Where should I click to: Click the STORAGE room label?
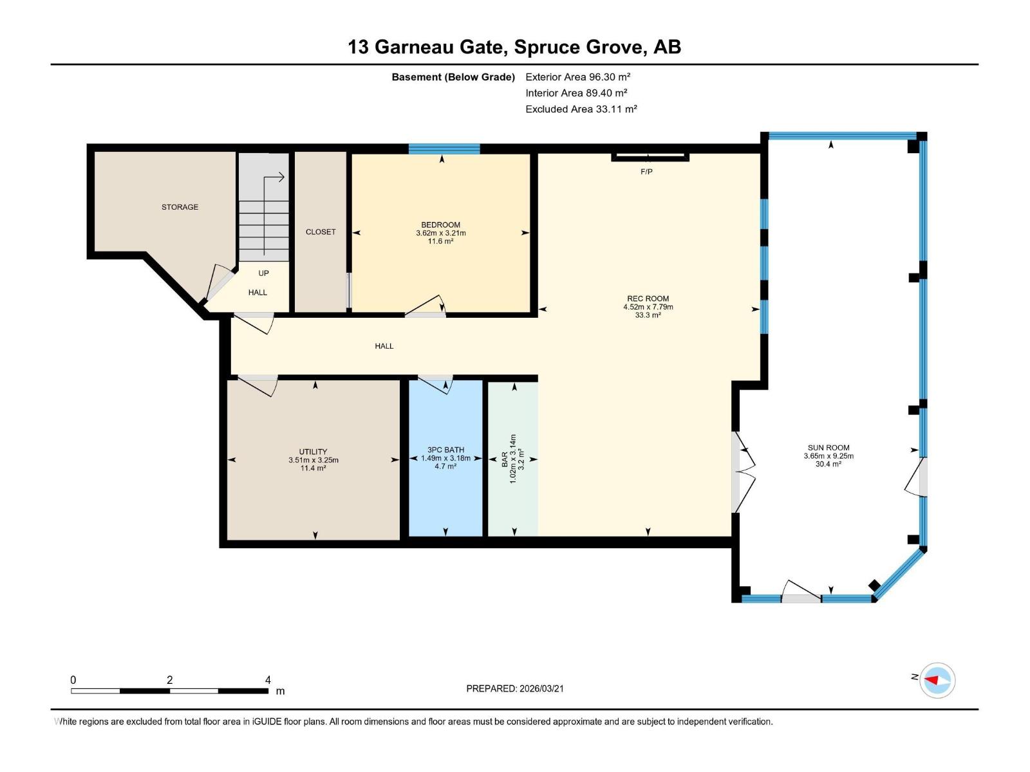click(x=180, y=207)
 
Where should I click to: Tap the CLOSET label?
click(x=321, y=232)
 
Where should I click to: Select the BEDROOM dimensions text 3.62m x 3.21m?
click(x=441, y=233)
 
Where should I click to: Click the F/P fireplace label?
click(x=646, y=172)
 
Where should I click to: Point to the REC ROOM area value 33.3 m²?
click(x=648, y=315)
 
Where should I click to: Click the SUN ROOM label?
click(x=829, y=448)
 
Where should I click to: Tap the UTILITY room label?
click(x=313, y=452)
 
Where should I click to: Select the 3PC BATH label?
click(x=445, y=450)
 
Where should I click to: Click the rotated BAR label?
click(x=505, y=459)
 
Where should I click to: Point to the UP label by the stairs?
click(x=263, y=273)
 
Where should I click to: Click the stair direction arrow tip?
click(x=283, y=178)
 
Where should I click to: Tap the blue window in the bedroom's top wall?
click(x=444, y=149)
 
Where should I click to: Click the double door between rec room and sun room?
click(x=744, y=472)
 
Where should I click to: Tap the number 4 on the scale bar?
click(x=268, y=680)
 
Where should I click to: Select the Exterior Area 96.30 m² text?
click(x=577, y=77)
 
